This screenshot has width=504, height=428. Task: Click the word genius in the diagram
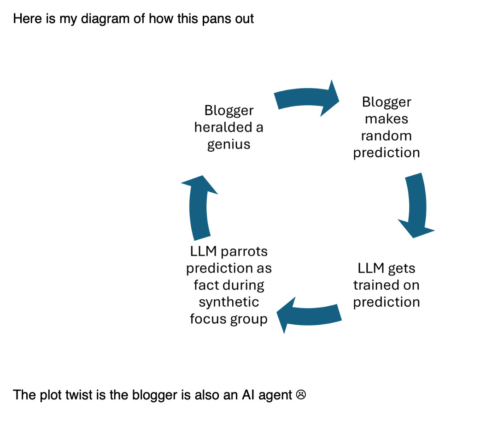coord(229,144)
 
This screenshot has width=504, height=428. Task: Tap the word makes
coord(386,119)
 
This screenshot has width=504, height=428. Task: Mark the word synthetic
coord(229,303)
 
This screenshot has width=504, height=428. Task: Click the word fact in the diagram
coord(205,285)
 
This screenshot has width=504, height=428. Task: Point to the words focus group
coord(229,319)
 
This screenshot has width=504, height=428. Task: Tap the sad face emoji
coord(301,395)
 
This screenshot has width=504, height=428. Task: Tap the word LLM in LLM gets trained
coord(369,268)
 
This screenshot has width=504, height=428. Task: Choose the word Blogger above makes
coord(386,102)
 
